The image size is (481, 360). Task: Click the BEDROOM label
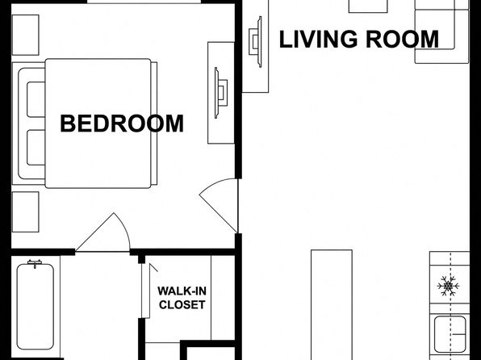pyautogui.click(x=122, y=123)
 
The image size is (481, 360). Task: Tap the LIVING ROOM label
pyautogui.click(x=359, y=40)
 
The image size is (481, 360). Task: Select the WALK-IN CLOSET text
pyautogui.click(x=182, y=298)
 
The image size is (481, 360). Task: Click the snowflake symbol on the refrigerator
pyautogui.click(x=448, y=286)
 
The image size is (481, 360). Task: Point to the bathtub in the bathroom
pyautogui.click(x=36, y=305)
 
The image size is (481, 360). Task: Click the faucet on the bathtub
pyautogui.click(x=35, y=263)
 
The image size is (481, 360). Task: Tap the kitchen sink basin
pyautogui.click(x=450, y=334)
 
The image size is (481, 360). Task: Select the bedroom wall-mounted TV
pyautogui.click(x=220, y=93)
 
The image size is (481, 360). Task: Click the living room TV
pyautogui.click(x=256, y=42)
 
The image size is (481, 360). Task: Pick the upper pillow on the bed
pyautogui.click(x=36, y=99)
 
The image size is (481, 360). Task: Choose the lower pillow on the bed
pyautogui.click(x=36, y=148)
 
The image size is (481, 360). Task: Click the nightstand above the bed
pyautogui.click(x=26, y=35)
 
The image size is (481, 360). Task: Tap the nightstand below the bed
pyautogui.click(x=26, y=212)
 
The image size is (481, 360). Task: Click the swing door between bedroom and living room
pyautogui.click(x=219, y=205)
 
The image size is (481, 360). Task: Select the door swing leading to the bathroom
pyautogui.click(x=103, y=232)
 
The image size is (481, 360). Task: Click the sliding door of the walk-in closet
pyautogui.click(x=144, y=291)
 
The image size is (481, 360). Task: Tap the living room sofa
pyautogui.click(x=442, y=31)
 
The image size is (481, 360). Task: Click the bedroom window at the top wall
pyautogui.click(x=144, y=2)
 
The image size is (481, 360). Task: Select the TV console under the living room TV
pyautogui.click(x=256, y=46)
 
